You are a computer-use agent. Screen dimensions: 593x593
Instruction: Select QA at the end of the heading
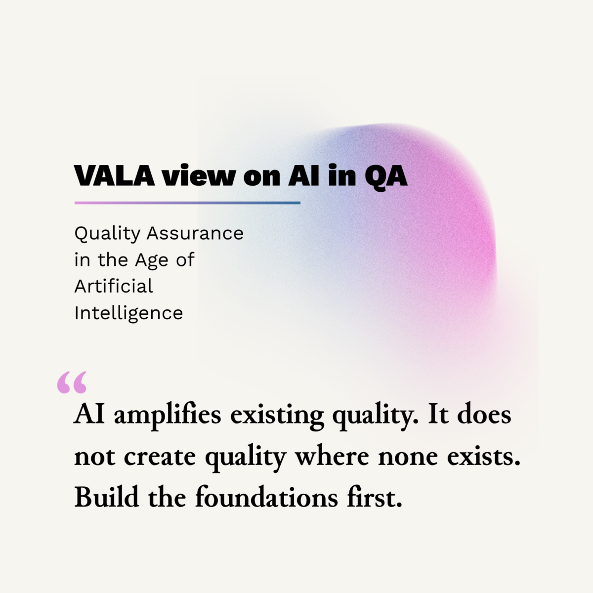pos(386,175)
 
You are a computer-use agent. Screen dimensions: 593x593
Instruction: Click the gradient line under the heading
pos(187,203)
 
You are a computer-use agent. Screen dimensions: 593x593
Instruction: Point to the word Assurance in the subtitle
pos(195,233)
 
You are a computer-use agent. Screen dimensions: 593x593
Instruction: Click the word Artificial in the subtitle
pos(114,286)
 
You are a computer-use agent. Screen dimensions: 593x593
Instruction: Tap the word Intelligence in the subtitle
pos(128,313)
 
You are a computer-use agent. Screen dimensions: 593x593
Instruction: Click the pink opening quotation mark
pos(72,382)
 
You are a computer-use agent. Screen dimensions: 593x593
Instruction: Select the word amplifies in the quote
pos(168,415)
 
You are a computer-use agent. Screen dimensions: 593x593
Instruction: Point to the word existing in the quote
pos(277,415)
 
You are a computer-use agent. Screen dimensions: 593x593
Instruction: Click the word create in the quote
pos(160,457)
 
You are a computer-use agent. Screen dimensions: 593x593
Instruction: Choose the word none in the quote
pos(408,457)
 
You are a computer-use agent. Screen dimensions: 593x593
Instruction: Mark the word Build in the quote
pos(106,497)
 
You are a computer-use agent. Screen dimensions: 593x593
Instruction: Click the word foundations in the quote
pos(266,497)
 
